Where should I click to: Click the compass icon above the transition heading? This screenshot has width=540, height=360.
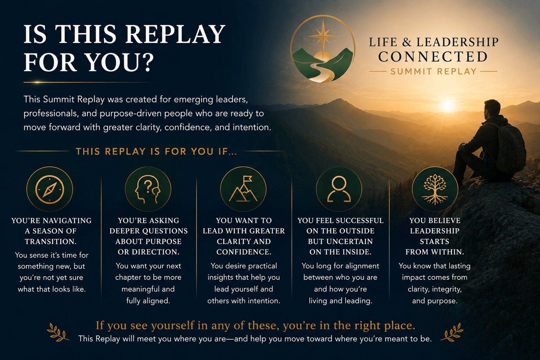[x=50, y=189]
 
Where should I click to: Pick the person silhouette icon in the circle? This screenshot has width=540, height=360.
[x=339, y=189]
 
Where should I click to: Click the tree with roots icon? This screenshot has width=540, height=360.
[x=435, y=189]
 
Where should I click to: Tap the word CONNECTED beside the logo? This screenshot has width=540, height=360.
[x=433, y=57]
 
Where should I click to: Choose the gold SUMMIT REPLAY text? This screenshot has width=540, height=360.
[x=433, y=72]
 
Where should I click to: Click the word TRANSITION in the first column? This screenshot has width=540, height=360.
[x=51, y=242]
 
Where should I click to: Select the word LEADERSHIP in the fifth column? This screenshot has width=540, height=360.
[x=435, y=231]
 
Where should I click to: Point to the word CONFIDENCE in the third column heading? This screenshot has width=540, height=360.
[x=244, y=252]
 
